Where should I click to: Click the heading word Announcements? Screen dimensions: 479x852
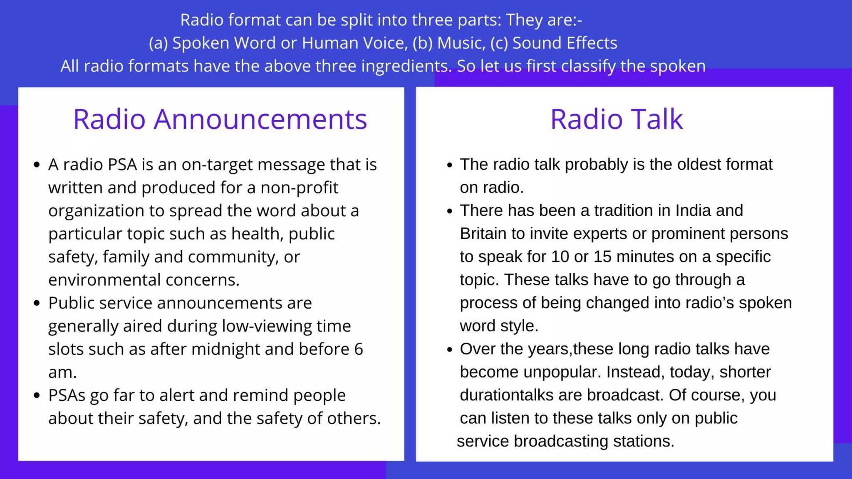(260, 119)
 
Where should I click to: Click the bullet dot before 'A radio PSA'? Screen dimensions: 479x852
(37, 165)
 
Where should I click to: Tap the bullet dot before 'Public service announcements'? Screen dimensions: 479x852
(37, 303)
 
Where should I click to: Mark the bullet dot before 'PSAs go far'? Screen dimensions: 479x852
(37, 395)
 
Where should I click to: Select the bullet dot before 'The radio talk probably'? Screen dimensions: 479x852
(449, 165)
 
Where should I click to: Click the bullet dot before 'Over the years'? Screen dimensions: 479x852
(449, 349)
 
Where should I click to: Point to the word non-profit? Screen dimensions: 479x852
(299, 188)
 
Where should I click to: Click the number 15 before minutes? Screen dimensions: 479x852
(602, 257)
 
